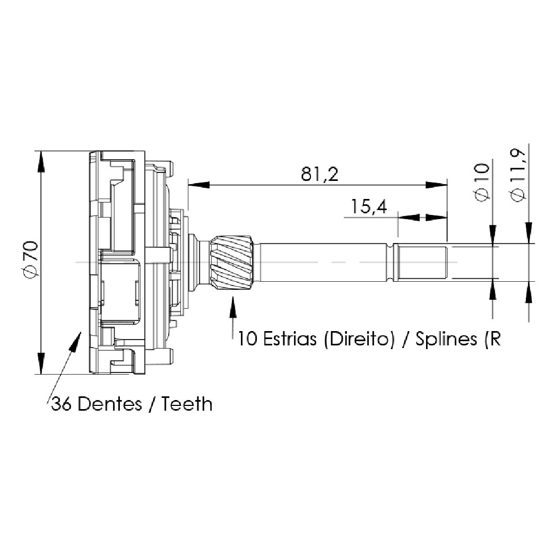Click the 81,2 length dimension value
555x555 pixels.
click(319, 174)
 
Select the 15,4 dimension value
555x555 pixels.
click(369, 206)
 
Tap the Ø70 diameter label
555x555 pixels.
click(30, 259)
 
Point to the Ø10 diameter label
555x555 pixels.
click(481, 183)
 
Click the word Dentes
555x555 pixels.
click(110, 403)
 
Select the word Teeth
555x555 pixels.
click(187, 403)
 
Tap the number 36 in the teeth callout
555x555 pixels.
click(62, 403)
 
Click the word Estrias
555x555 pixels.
click(290, 339)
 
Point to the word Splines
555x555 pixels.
click(446, 339)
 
